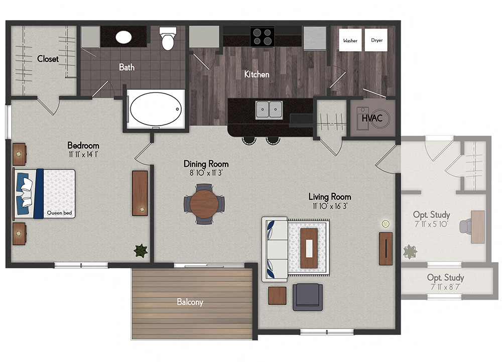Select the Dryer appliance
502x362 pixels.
(x=376, y=40)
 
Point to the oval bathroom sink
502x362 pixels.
(x=124, y=37)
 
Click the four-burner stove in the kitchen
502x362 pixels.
(x=262, y=37)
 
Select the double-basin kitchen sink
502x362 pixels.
(x=269, y=109)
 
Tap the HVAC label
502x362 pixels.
(x=372, y=118)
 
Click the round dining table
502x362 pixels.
(x=204, y=204)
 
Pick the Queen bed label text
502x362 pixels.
(x=60, y=213)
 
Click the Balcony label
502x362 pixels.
(x=190, y=302)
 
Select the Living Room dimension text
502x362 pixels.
(x=329, y=205)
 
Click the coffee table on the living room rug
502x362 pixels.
(x=309, y=248)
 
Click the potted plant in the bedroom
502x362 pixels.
(x=141, y=250)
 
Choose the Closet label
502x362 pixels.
(x=48, y=59)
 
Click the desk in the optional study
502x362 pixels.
(x=477, y=227)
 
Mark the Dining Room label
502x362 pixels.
(x=206, y=164)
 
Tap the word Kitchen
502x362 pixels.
(x=257, y=74)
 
